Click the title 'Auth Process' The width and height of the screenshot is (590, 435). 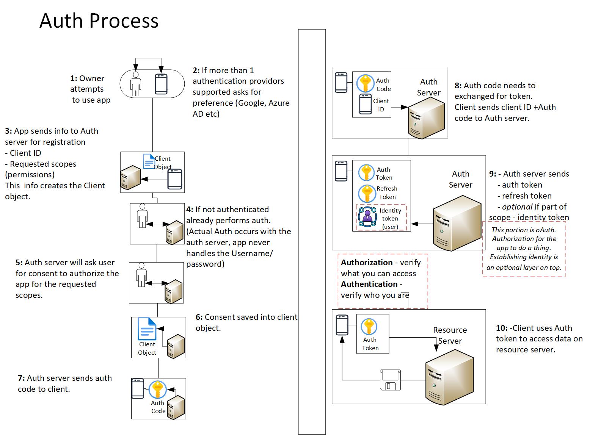tap(99, 21)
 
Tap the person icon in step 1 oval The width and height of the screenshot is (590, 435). tap(135, 84)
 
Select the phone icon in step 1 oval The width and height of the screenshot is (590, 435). tap(161, 84)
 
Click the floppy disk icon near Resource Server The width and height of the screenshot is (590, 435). tap(390, 380)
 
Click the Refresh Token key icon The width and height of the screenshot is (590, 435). tap(367, 193)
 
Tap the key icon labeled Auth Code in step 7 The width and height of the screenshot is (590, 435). tap(158, 390)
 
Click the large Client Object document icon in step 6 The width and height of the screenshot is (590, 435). tap(147, 329)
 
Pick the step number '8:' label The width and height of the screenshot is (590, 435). tap(458, 86)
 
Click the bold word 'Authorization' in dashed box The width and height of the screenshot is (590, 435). tap(367, 263)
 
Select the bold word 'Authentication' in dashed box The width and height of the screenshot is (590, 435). tap(369, 284)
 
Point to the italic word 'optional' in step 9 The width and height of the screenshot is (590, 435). tap(517, 207)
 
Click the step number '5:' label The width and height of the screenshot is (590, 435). tap(19, 263)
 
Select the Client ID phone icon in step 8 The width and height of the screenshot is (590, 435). tap(366, 104)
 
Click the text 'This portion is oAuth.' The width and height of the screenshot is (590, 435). tap(524, 230)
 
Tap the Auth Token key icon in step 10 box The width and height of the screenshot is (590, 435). tap(369, 327)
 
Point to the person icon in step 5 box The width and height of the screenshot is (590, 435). tap(141, 274)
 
